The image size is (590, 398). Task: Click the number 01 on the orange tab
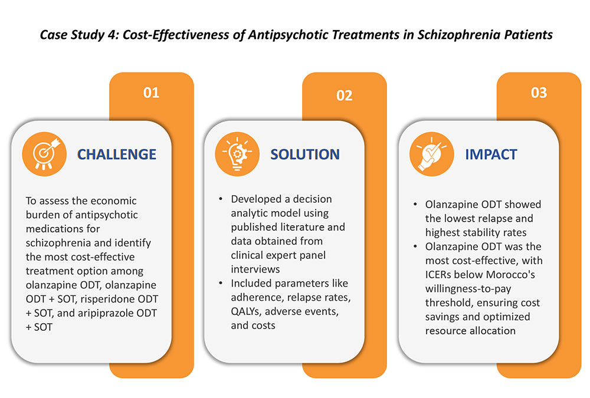tap(151, 93)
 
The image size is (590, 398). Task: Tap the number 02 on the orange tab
tap(345, 96)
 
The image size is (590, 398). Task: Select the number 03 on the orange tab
tap(539, 93)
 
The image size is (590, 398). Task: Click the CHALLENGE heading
tap(117, 154)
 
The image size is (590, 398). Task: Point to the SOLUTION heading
tap(305, 154)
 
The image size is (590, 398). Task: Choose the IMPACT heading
tap(491, 154)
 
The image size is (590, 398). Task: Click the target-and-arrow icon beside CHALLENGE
tap(44, 154)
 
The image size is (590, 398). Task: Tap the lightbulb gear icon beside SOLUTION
tap(237, 154)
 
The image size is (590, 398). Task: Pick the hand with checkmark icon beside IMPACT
tap(432, 154)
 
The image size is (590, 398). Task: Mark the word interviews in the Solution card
tap(255, 269)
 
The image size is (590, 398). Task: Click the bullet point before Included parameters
tap(221, 283)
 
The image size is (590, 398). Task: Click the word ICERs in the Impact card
tap(438, 275)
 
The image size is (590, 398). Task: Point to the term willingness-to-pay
tap(468, 289)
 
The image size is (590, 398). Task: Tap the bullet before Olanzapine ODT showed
tap(415, 204)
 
